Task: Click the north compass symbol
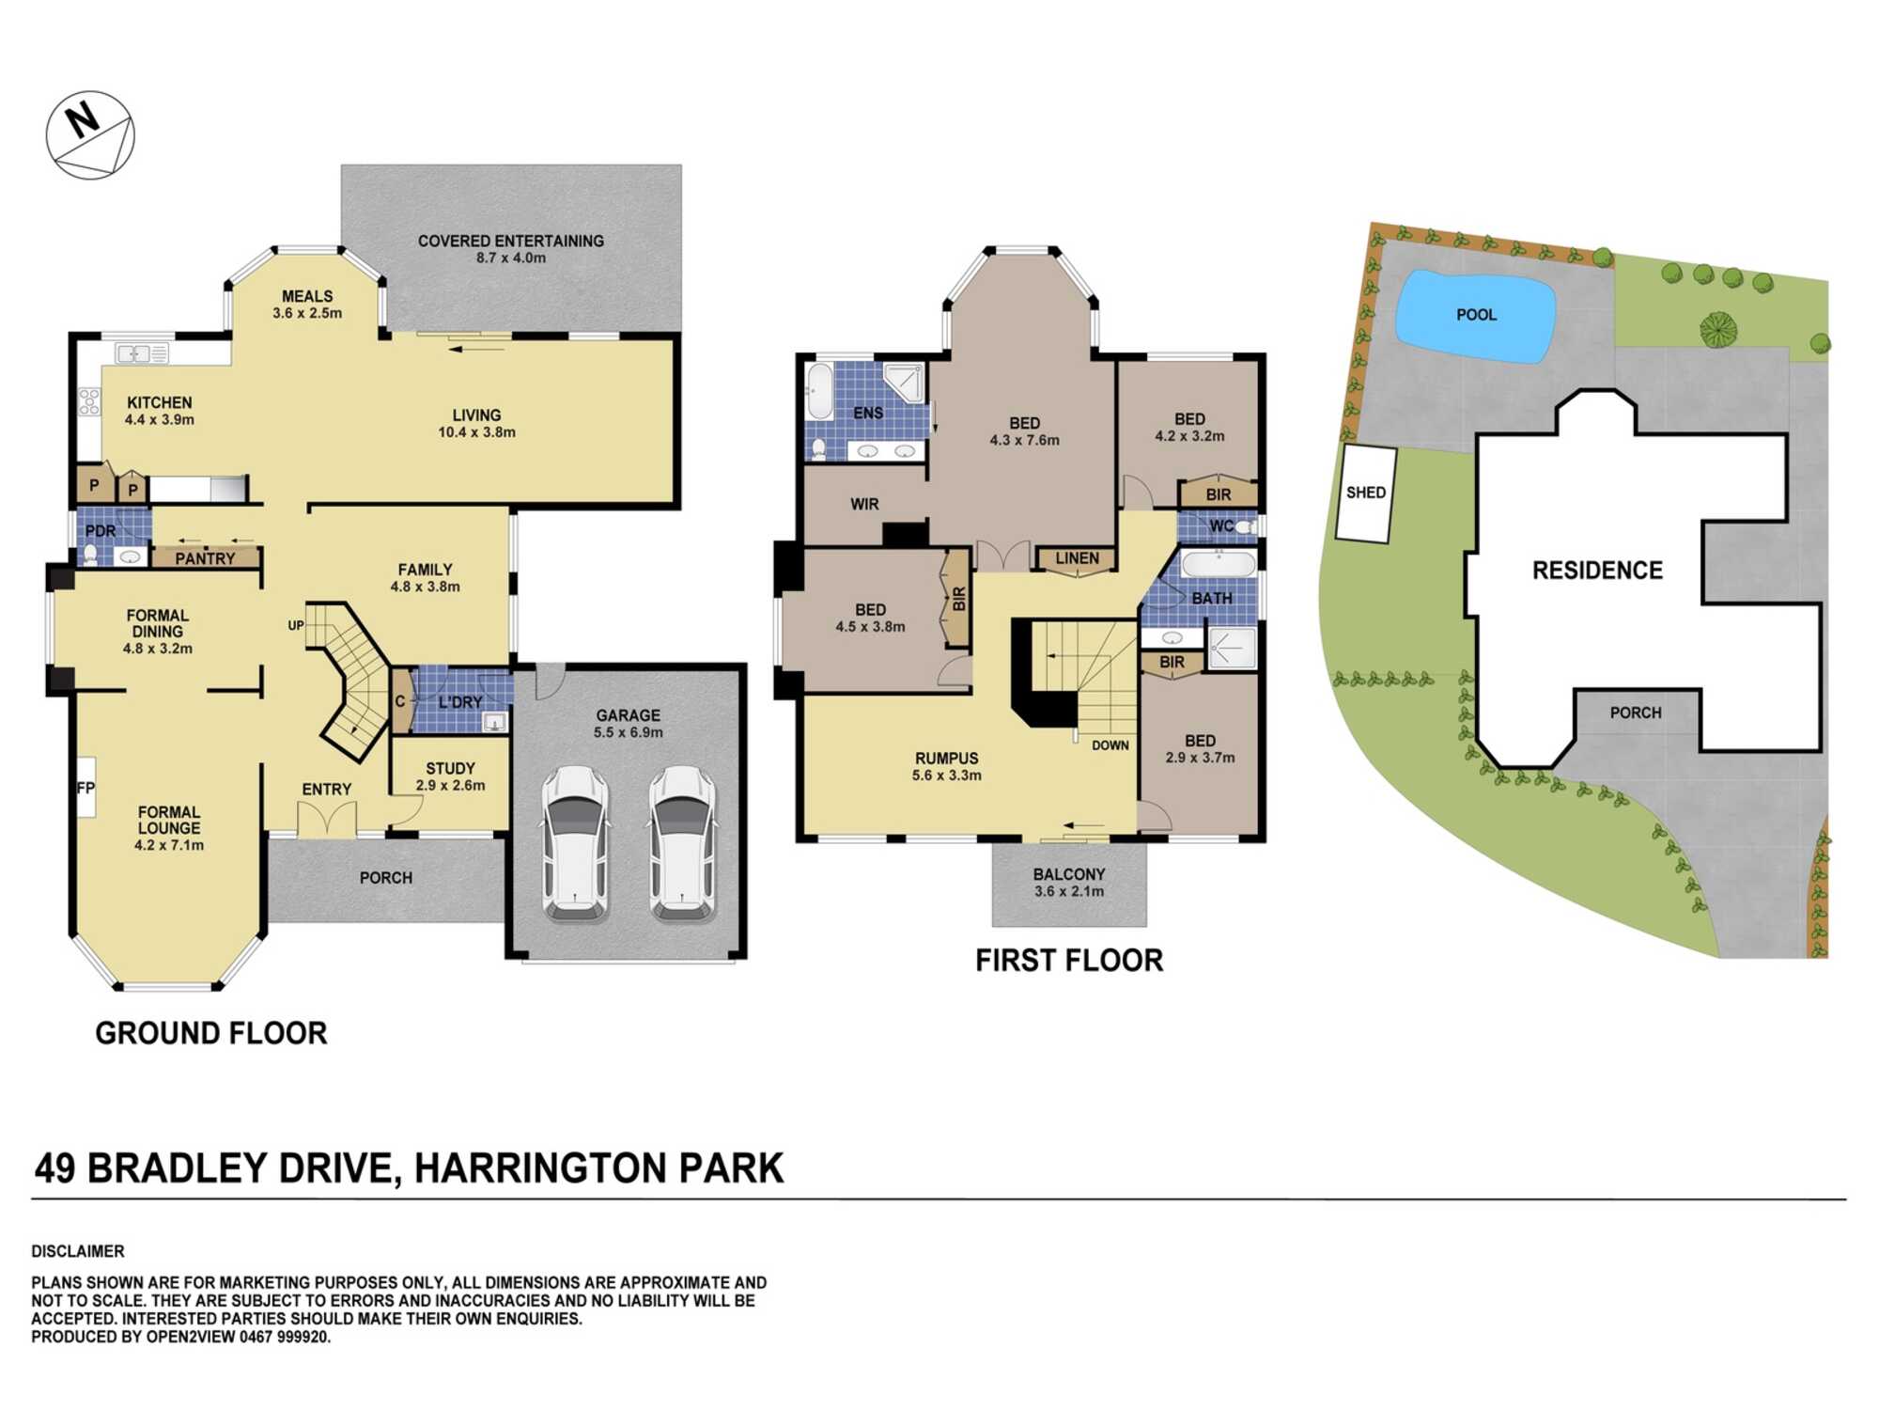tap(90, 135)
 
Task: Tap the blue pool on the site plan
tap(1475, 317)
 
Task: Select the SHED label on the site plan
tap(1365, 493)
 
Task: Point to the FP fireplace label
tap(85, 788)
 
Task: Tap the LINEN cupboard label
tap(1076, 558)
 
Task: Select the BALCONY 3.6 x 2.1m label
tap(1068, 883)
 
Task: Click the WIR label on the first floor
tap(864, 505)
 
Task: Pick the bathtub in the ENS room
tap(818, 393)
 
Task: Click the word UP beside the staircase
tap(296, 625)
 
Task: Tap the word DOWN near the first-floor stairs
tap(1110, 745)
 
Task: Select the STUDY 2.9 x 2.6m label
tap(450, 776)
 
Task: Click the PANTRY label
tap(205, 558)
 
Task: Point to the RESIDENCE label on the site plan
tap(1597, 571)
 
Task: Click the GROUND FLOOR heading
tap(211, 1033)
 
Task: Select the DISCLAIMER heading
tap(78, 1251)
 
